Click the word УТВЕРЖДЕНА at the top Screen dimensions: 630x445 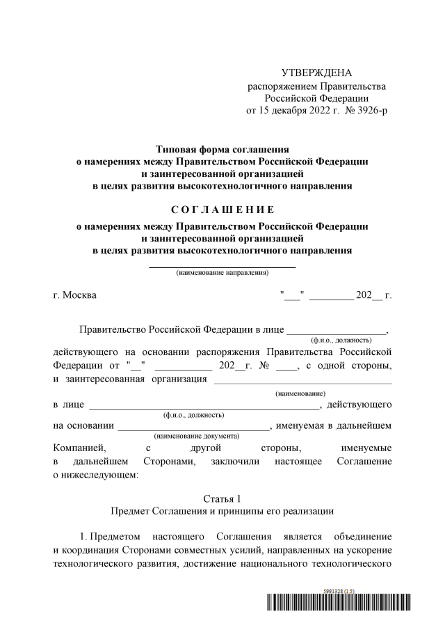coord(316,73)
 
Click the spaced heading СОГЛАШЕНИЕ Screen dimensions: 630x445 coord(222,210)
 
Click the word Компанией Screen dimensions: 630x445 coord(78,448)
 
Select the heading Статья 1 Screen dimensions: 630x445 coord(222,498)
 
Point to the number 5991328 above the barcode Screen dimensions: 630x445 coord(337,590)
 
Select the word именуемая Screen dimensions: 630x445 coord(307,425)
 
